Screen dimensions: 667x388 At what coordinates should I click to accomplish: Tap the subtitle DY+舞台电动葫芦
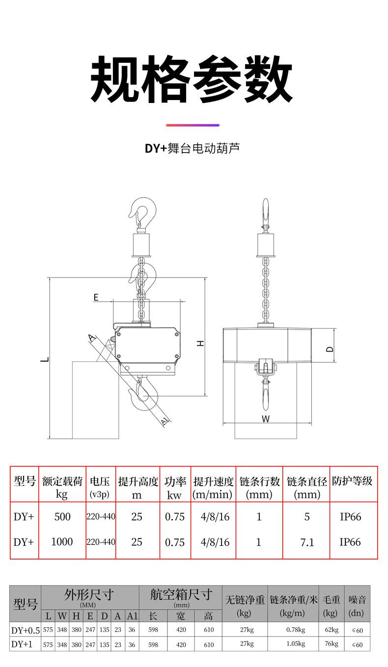192,148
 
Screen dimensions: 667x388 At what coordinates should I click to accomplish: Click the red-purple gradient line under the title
192,125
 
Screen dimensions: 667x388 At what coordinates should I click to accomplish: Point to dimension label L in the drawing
45,359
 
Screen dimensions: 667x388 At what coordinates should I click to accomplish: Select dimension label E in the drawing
96,297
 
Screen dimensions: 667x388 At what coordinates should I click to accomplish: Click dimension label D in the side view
330,348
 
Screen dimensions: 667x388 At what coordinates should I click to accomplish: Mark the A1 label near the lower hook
165,420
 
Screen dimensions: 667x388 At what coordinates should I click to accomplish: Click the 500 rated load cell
62,517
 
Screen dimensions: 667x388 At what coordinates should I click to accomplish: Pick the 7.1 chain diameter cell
307,542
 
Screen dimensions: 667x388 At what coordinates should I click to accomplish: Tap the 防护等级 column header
352,481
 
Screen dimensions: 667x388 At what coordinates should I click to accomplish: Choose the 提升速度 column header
213,482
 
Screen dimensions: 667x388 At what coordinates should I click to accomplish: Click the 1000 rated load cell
62,542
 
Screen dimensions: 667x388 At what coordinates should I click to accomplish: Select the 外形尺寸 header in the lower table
89,595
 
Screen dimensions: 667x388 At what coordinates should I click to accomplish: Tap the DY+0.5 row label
25,630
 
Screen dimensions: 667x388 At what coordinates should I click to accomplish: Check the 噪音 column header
357,600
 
